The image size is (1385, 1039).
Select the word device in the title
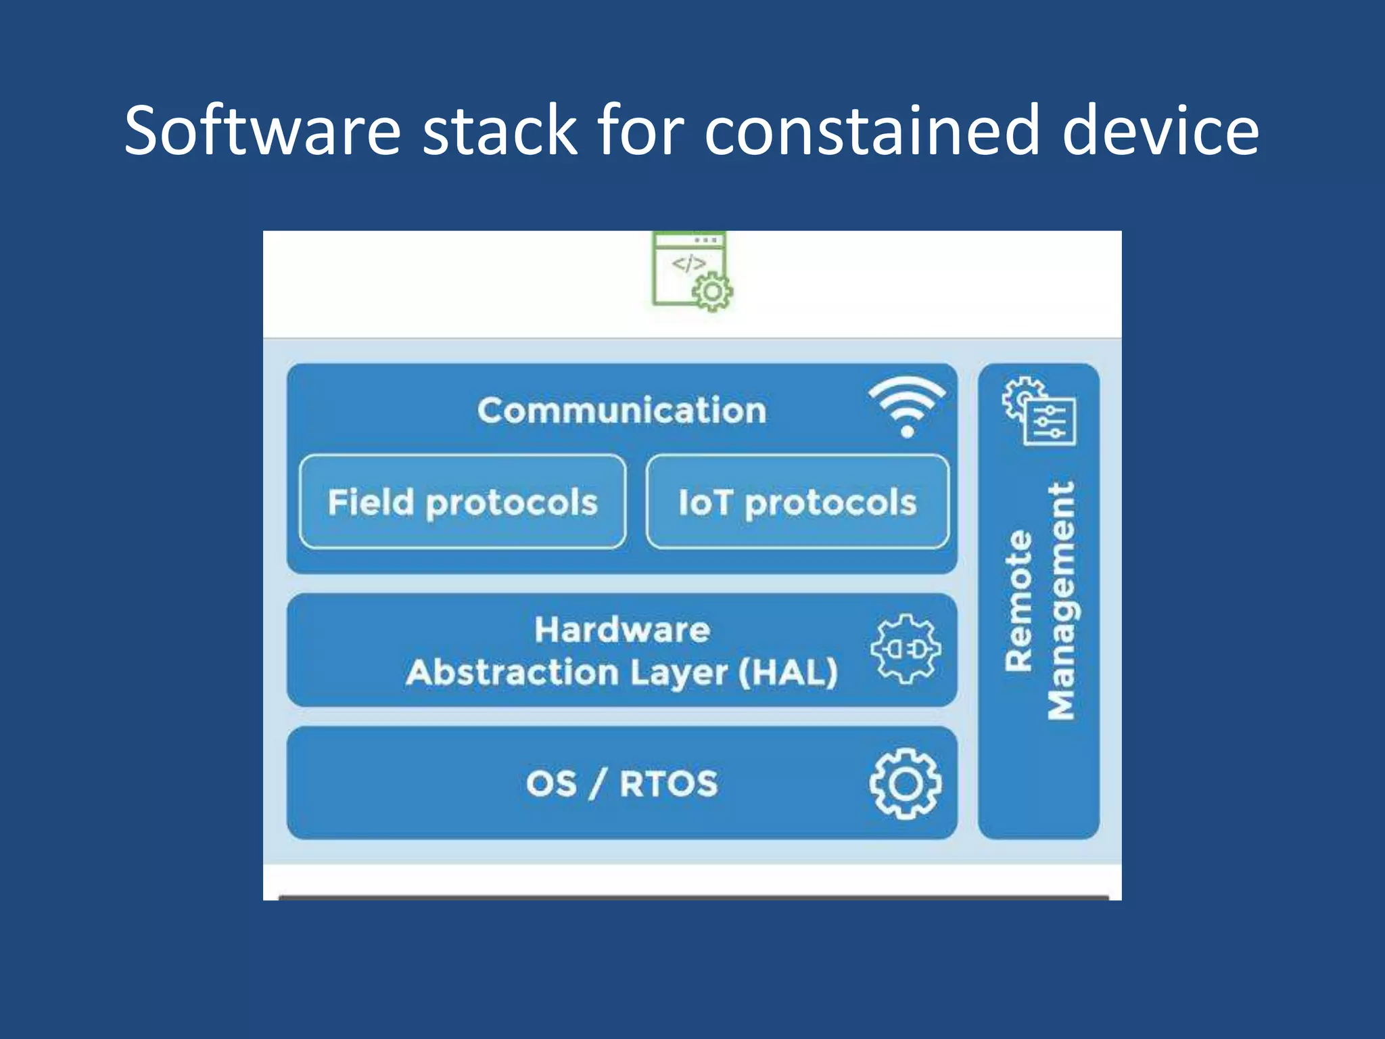pyautogui.click(x=1160, y=130)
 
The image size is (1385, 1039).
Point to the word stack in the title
pyautogui.click(x=500, y=130)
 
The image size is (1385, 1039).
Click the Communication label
pyautogui.click(x=621, y=411)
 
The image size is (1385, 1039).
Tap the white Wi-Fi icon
pyautogui.click(x=907, y=407)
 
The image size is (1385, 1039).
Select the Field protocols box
pyautogui.click(x=463, y=502)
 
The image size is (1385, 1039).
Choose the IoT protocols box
pyautogui.click(x=797, y=502)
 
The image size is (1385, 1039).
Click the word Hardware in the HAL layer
pyautogui.click(x=622, y=630)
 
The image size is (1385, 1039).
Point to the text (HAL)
pyautogui.click(x=788, y=672)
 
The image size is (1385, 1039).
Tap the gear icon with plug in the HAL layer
pyautogui.click(x=906, y=649)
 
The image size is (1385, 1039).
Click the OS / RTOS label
pyautogui.click(x=621, y=783)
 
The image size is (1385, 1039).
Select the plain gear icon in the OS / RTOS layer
pyautogui.click(x=905, y=783)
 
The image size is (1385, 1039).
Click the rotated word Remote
pyautogui.click(x=1018, y=601)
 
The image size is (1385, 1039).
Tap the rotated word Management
pyautogui.click(x=1060, y=601)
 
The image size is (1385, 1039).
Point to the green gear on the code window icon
pyautogui.click(x=712, y=292)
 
